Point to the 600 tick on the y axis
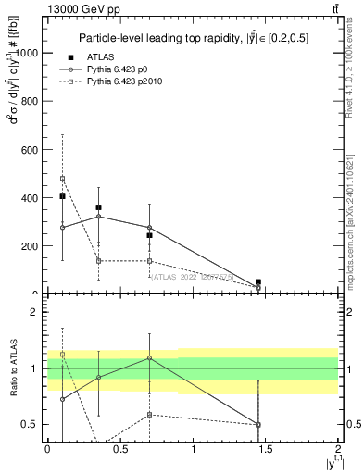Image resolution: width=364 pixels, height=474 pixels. click(31, 150)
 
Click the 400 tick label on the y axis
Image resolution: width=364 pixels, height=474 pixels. click(31, 198)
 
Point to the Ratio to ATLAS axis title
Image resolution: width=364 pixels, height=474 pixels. click(14, 369)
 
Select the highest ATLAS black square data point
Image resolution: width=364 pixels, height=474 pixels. click(62, 196)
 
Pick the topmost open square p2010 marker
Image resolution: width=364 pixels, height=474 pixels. click(62, 179)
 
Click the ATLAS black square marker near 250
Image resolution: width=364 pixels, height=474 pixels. click(149, 235)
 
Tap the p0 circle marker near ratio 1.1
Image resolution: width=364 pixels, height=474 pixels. click(149, 357)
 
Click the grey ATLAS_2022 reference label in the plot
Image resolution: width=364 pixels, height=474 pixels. click(193, 276)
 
